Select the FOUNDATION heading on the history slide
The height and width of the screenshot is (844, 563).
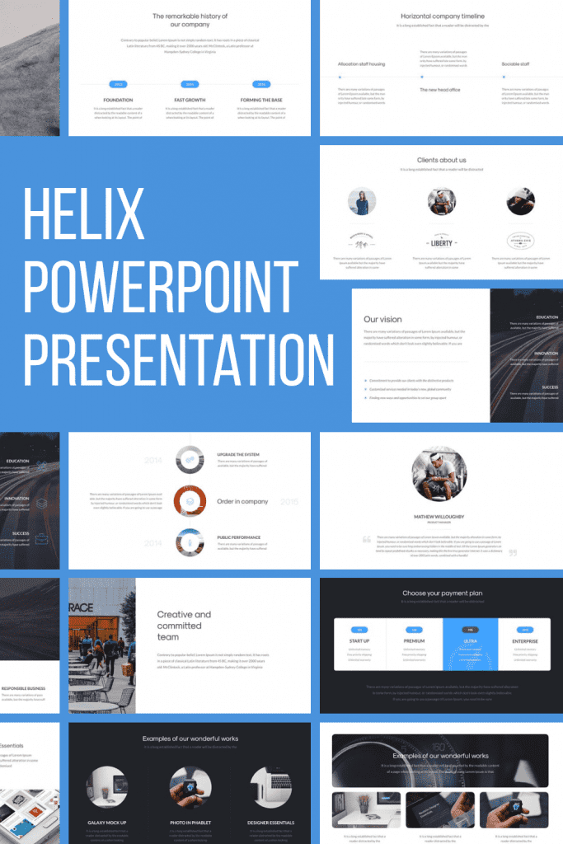point(118,100)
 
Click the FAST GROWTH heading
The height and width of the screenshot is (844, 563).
point(190,100)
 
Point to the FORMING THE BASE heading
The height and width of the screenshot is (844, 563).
point(260,100)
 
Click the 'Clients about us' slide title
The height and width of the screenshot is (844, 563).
point(441,160)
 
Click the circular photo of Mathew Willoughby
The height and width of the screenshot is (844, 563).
point(439,474)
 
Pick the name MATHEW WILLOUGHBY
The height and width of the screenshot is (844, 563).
point(439,517)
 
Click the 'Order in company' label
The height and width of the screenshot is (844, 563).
point(242,501)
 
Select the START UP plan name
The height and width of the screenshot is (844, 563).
point(359,640)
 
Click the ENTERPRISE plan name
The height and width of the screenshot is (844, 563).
point(525,640)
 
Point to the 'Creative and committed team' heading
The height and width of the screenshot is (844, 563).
point(185,625)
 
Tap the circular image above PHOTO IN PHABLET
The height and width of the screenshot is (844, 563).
point(190,787)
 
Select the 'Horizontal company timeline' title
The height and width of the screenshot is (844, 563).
point(443,16)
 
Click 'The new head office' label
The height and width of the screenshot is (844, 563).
point(440,89)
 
